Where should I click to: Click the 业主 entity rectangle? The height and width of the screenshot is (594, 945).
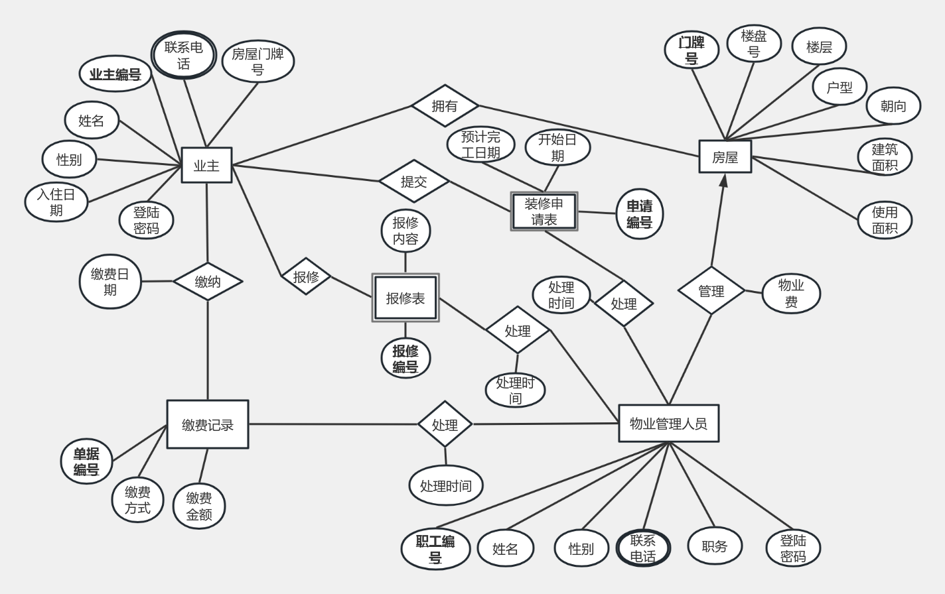pos(206,165)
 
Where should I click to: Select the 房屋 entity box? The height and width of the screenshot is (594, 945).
pos(725,157)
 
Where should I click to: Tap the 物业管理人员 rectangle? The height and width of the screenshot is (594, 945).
pos(668,424)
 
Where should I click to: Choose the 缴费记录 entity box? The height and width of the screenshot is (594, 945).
pos(208,424)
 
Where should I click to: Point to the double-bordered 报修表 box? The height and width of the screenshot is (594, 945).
pos(405,298)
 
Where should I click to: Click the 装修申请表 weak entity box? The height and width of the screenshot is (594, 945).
pos(544,211)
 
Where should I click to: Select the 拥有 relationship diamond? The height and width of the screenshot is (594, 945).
pos(445,105)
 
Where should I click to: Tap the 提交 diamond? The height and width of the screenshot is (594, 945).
pos(414,181)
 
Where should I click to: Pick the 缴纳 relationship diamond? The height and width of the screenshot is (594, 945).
pos(208,282)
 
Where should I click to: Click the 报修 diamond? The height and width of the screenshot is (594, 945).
pos(306,276)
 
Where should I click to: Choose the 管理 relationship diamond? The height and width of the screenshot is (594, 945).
pos(711,290)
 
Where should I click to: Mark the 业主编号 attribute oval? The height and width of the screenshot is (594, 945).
pos(115,74)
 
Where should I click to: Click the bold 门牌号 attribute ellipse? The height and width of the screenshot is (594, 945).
pos(691,50)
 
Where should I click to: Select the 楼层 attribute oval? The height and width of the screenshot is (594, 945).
pos(819,46)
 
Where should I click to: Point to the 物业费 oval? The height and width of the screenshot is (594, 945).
pos(791,294)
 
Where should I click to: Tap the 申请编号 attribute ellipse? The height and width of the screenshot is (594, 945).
pos(640,214)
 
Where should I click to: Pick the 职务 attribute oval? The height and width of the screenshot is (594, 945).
pos(714,546)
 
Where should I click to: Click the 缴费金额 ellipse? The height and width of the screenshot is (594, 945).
pos(199,506)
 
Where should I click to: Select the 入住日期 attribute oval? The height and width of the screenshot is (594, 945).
pos(56,202)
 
